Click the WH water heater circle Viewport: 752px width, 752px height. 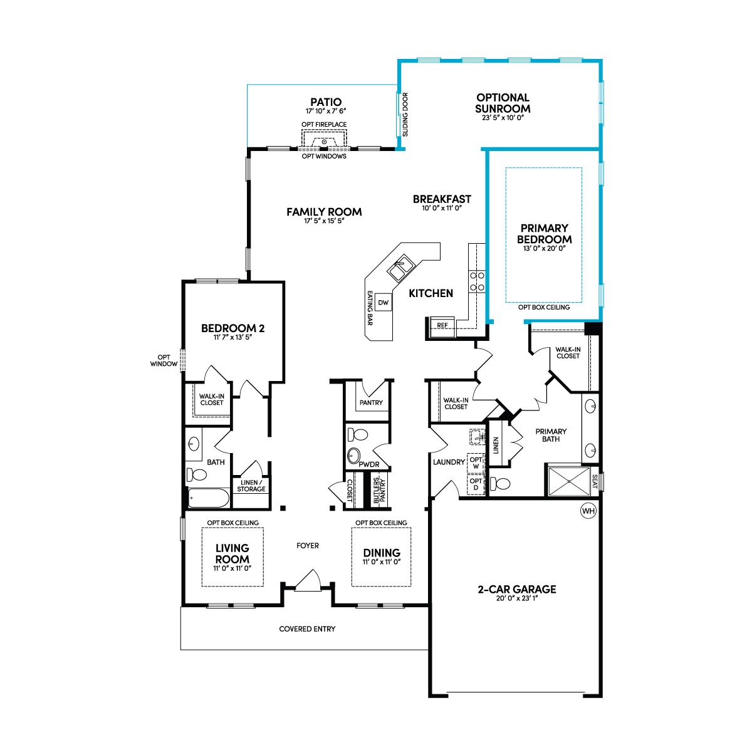point(588,511)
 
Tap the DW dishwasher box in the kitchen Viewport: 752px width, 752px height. point(384,303)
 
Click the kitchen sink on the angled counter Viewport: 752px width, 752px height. point(400,268)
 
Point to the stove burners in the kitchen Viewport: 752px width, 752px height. point(477,281)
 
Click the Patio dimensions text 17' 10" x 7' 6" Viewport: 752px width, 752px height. point(326,111)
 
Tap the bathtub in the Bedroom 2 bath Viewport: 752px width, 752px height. point(209,498)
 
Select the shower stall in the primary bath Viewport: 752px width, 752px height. point(569,481)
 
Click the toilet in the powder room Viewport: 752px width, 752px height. point(357,434)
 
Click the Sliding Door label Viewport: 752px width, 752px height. point(405,114)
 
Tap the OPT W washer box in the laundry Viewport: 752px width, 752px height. point(476,463)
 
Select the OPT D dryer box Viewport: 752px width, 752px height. point(476,484)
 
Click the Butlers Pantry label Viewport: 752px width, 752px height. point(379,491)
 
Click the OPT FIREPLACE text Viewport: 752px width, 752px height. point(324,125)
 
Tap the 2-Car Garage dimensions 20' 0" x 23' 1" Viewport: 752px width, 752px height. point(517,598)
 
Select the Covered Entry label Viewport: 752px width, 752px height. point(307,629)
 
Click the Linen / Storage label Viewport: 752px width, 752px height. point(251,486)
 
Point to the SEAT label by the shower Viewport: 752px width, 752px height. point(594,481)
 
